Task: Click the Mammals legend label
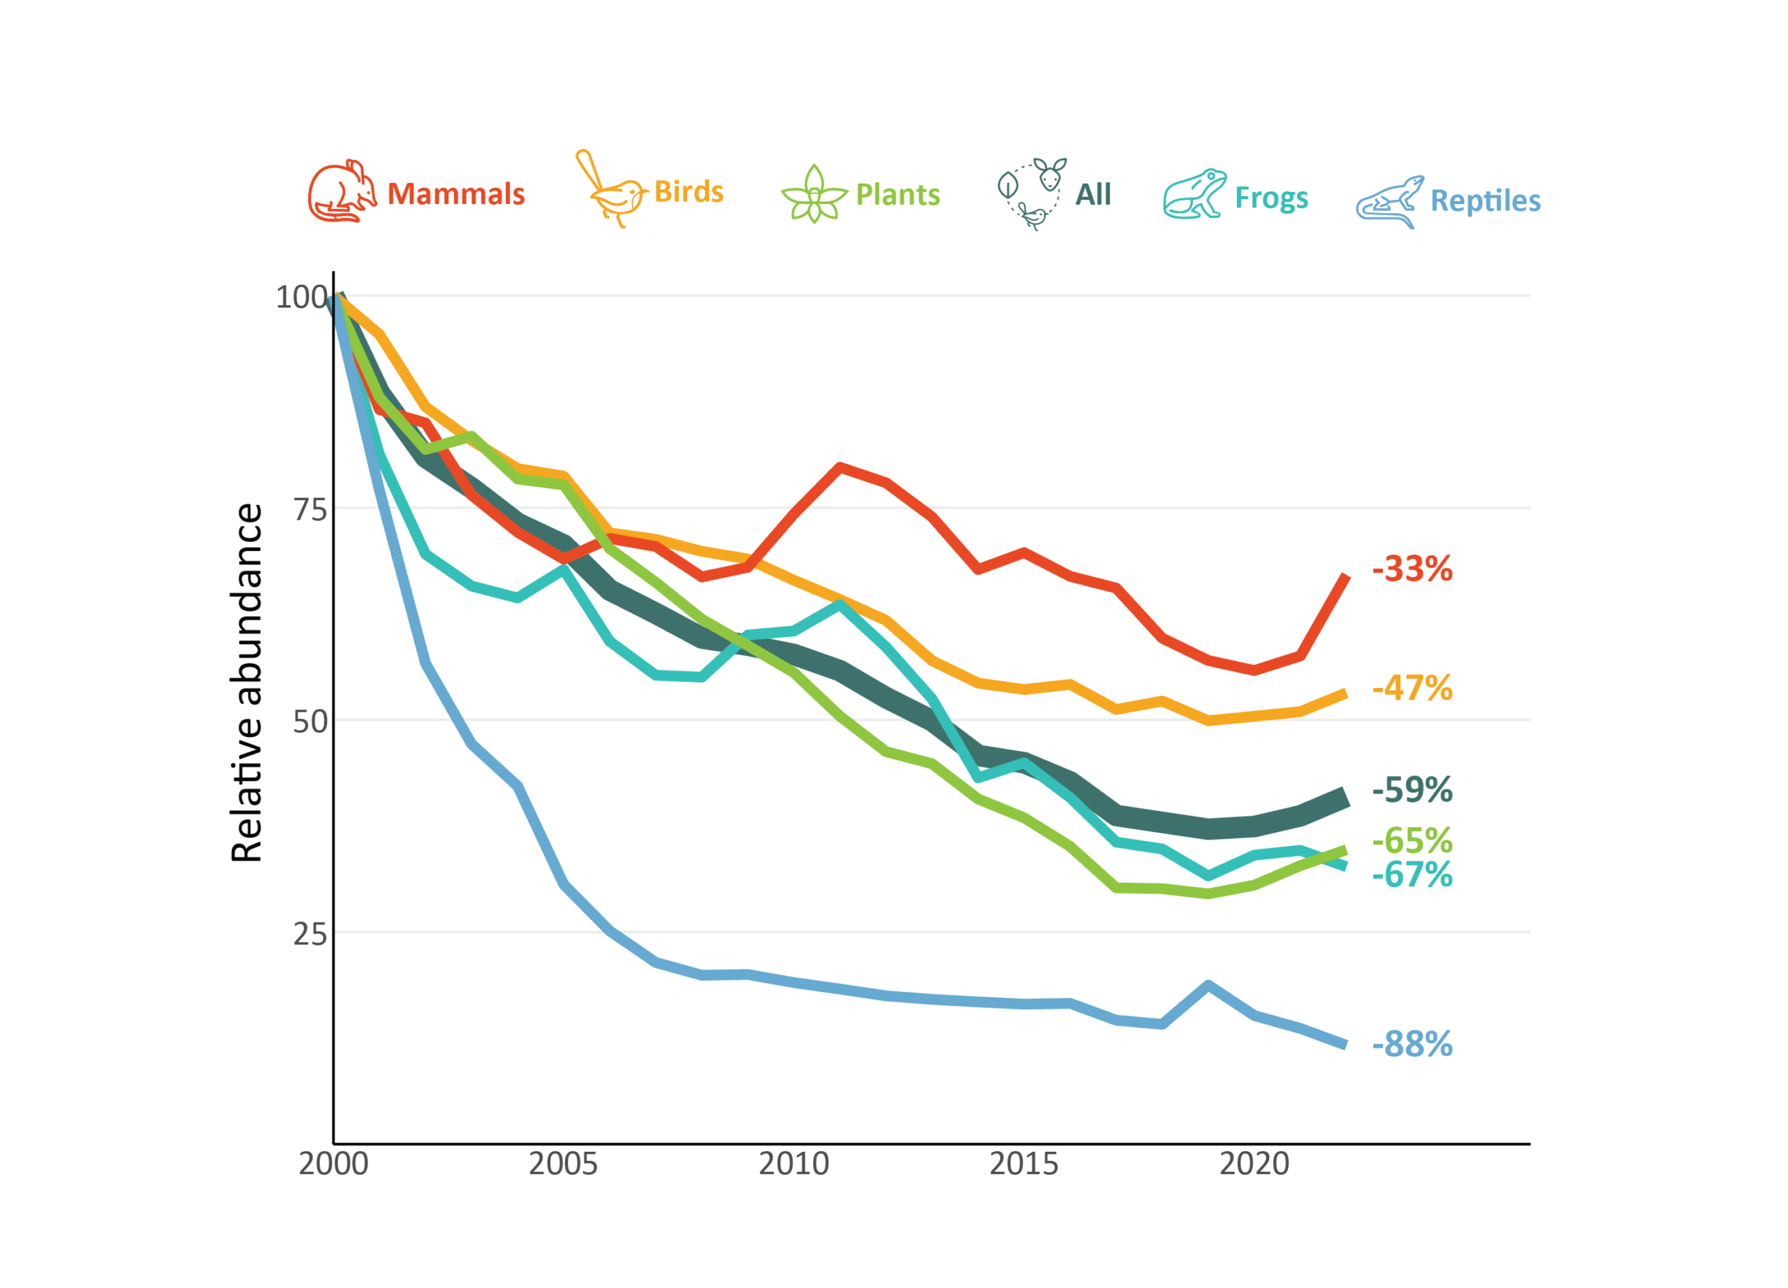coord(455,194)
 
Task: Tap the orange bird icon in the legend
coord(611,190)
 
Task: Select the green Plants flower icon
coord(814,195)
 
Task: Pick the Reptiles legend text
coord(1486,201)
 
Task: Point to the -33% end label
coord(1412,569)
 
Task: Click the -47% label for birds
coord(1412,688)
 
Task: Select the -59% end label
coord(1412,790)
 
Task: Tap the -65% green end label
coord(1412,841)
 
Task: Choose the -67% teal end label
coord(1412,875)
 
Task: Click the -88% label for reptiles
coord(1412,1044)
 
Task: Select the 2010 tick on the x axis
coord(794,1164)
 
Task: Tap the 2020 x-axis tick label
coord(1254,1164)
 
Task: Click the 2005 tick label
coord(563,1164)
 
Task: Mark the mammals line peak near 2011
coord(840,467)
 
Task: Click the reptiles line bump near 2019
coord(1208,985)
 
